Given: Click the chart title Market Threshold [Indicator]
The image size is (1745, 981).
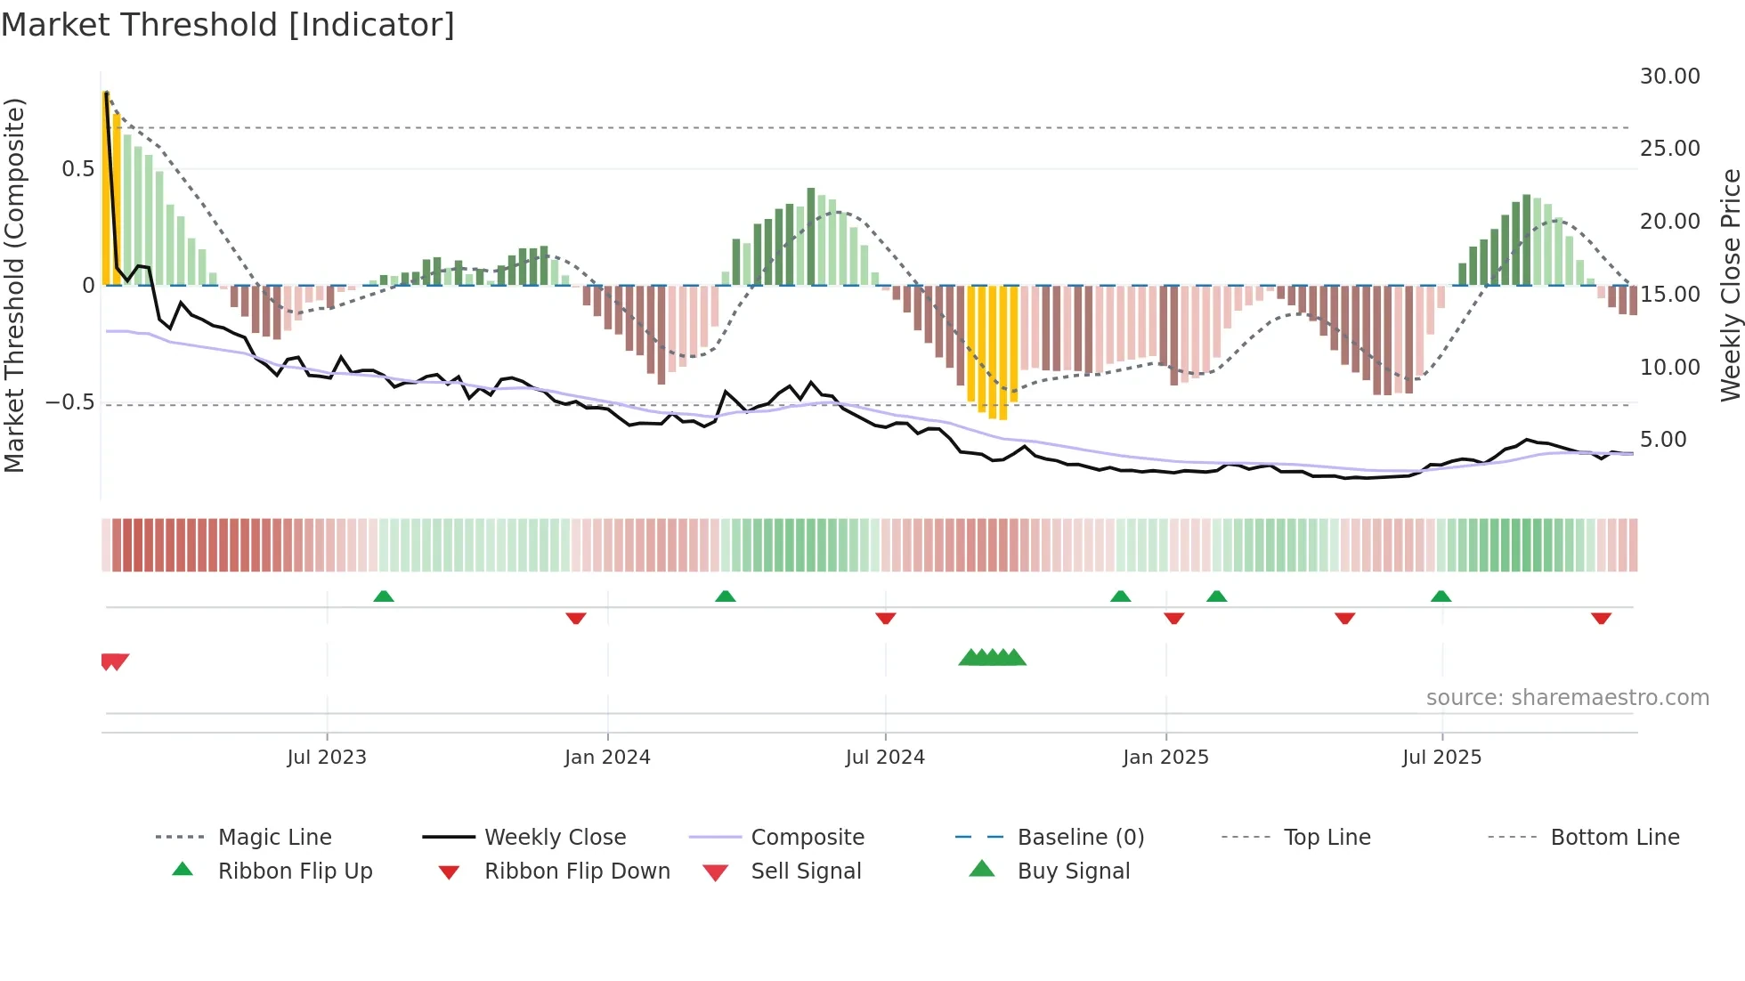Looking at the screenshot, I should [228, 25].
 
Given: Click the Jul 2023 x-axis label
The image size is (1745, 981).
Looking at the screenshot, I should [326, 757].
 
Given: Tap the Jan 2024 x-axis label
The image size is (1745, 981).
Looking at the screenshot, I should [607, 757].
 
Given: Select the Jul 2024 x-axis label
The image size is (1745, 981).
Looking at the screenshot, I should [885, 757].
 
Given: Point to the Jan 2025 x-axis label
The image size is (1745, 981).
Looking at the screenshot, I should [1165, 757].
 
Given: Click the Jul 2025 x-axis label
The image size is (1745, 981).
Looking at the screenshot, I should [1441, 757].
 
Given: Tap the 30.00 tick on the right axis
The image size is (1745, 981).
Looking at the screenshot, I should [1669, 77].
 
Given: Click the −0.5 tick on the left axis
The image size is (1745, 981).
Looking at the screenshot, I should [69, 402].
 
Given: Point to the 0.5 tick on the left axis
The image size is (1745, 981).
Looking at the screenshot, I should [77, 169].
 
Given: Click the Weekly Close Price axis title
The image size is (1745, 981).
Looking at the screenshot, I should [1730, 285].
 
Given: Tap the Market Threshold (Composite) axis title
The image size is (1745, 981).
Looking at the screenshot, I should [14, 285].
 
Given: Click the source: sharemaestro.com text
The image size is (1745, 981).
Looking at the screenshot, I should [1567, 698].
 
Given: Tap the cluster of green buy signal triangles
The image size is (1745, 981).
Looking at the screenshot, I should [992, 658].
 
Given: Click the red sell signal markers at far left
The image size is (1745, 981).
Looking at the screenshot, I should [115, 661].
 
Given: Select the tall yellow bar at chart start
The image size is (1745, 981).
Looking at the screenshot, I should [106, 187].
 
